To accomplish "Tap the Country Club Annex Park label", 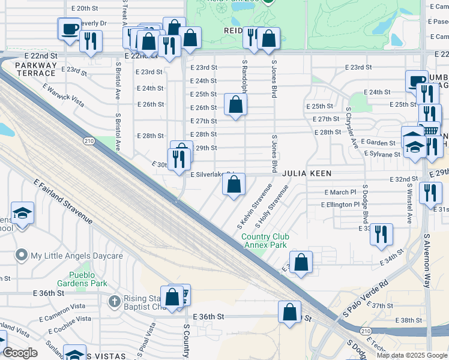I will [264, 241].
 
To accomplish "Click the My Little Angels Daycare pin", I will [22, 256].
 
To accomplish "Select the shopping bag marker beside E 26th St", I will [236, 105].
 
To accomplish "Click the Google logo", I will [20, 353].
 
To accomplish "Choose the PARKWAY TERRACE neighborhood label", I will [36, 69].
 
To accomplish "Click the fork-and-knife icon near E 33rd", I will [381, 234].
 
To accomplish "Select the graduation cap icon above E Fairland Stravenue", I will [22, 213].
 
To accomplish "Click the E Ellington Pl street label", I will [340, 205].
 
